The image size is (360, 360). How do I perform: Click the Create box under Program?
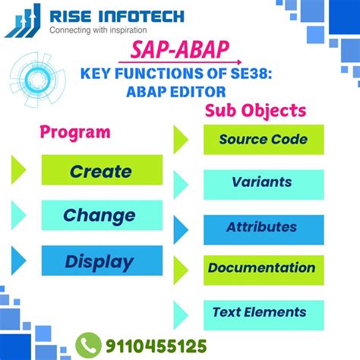(x=102, y=170)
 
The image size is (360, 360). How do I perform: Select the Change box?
(x=102, y=215)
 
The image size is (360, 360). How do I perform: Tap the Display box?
(x=102, y=261)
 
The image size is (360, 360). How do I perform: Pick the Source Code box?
(x=263, y=139)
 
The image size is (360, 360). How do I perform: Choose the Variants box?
(x=263, y=183)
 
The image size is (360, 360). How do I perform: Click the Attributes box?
(x=263, y=227)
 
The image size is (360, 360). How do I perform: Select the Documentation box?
(x=263, y=268)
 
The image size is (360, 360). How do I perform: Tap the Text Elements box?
(x=263, y=312)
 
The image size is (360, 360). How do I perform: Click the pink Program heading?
(x=75, y=131)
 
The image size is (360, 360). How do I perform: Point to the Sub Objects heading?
(x=256, y=111)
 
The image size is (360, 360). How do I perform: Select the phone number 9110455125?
(x=156, y=345)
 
